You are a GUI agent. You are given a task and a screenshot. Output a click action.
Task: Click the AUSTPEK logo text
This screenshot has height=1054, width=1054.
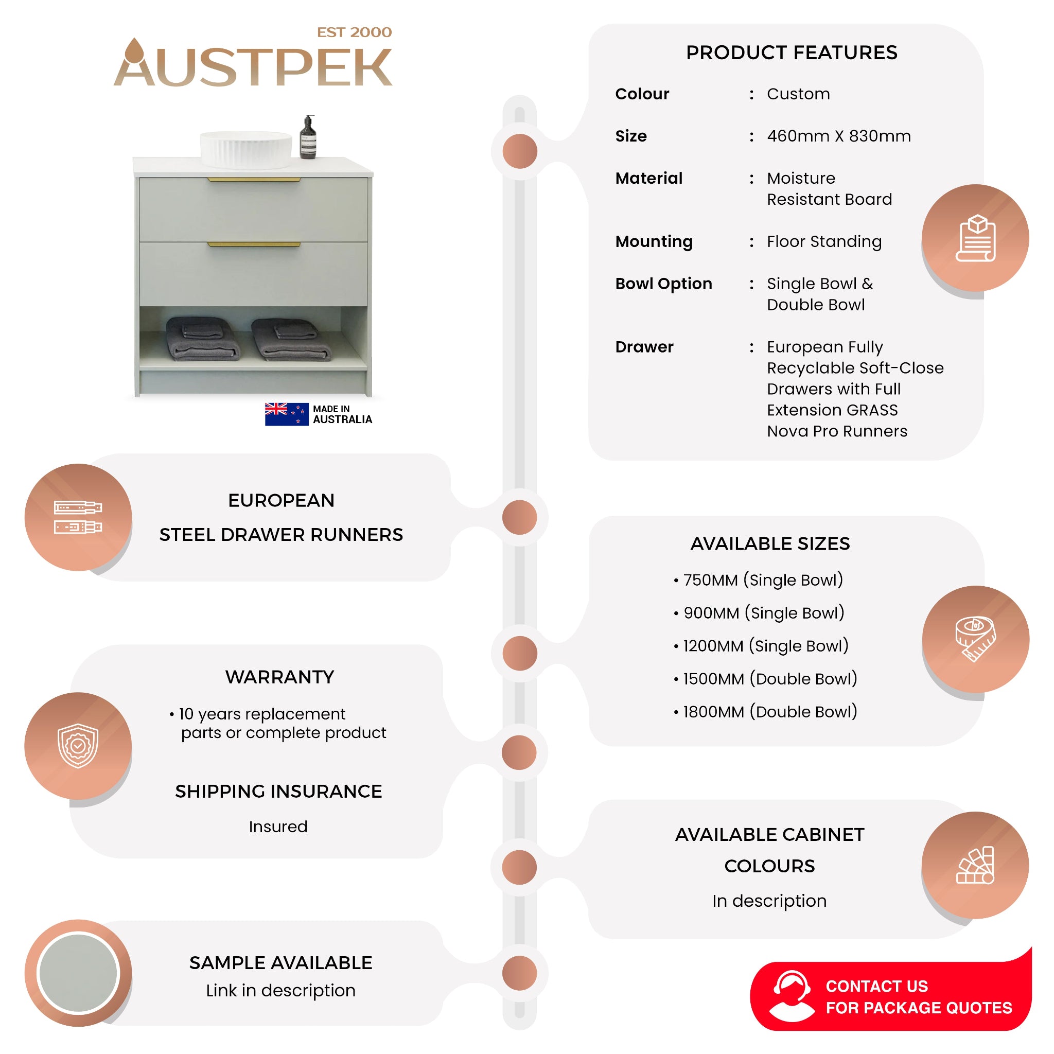point(253,63)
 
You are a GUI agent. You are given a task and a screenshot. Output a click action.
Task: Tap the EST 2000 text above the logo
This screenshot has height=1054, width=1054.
point(354,32)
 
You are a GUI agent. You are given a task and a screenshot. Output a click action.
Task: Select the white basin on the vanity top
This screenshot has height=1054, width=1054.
point(246,149)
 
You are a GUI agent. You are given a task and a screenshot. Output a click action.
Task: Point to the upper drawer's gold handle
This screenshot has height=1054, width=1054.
point(254,180)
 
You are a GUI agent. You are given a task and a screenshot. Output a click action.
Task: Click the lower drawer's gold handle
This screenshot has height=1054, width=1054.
point(254,244)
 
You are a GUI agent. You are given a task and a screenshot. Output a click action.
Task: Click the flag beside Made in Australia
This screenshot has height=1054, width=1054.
point(287,414)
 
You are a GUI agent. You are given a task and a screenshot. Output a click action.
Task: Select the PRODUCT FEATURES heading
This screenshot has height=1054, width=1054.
point(792,52)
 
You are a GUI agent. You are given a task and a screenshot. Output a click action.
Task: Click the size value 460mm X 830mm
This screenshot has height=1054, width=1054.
point(838,136)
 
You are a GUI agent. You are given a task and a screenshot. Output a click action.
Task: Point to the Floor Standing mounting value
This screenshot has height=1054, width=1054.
point(824,241)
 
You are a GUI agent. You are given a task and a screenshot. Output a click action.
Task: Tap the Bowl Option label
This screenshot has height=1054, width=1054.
point(663,283)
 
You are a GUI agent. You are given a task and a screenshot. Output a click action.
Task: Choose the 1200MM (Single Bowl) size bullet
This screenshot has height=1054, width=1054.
point(761,646)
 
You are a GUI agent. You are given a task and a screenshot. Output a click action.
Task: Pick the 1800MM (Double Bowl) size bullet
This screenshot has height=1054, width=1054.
point(765,711)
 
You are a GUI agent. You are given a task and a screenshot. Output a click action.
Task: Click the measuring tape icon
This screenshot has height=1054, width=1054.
point(975,639)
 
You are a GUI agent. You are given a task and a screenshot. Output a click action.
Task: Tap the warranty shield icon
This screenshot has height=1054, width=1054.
point(78,746)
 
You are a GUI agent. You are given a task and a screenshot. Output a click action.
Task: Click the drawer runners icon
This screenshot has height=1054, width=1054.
point(78,517)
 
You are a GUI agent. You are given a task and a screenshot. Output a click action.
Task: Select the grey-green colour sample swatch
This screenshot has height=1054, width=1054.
point(78,973)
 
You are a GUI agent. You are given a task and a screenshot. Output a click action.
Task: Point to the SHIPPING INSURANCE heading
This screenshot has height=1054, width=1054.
point(278,791)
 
